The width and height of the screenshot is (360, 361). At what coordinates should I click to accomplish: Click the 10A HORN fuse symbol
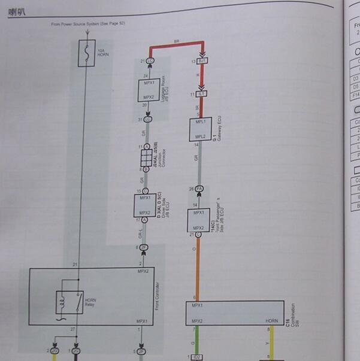[87, 53]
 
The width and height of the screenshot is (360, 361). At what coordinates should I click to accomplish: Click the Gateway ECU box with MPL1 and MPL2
[199, 128]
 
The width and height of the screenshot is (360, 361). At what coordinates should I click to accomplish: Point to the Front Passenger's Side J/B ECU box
[199, 220]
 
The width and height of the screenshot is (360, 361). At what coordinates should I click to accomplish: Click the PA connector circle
[199, 190]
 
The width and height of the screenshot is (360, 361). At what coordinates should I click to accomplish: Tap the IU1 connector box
[202, 62]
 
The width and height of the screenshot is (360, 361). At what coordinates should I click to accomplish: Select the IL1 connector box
[201, 95]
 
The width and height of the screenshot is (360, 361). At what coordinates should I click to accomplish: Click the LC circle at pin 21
[149, 61]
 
